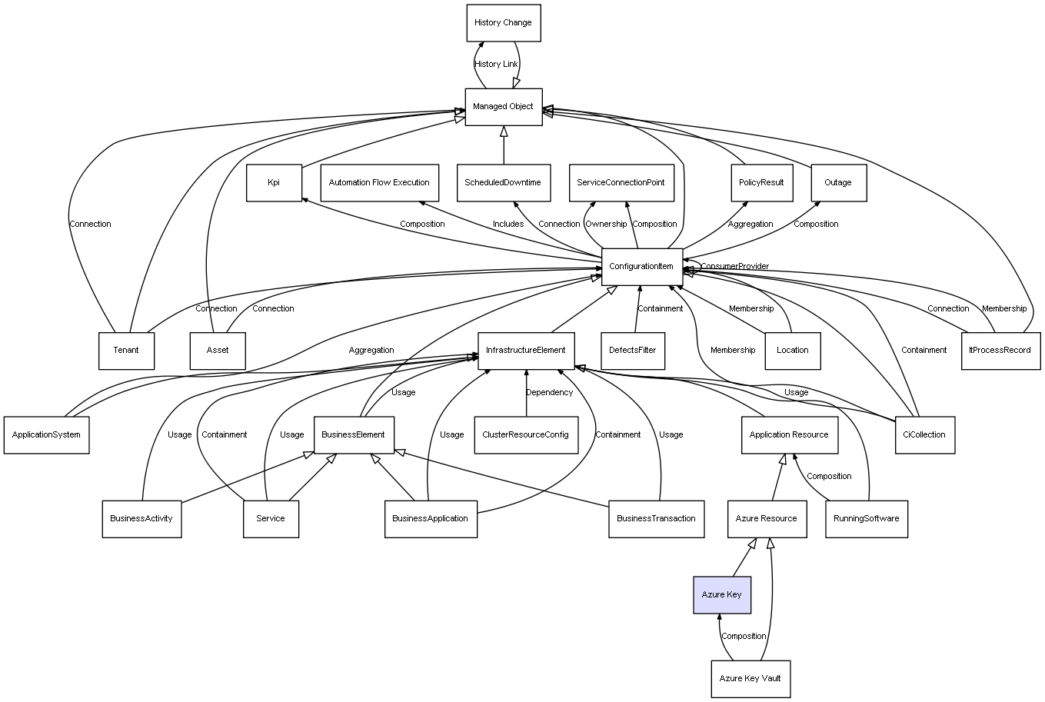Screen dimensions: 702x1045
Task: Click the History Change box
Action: pyautogui.click(x=503, y=23)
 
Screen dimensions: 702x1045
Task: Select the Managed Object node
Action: pyautogui.click(x=503, y=107)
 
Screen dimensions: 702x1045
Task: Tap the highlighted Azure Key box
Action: pyautogui.click(x=721, y=595)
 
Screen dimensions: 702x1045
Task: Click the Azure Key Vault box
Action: pyautogui.click(x=750, y=679)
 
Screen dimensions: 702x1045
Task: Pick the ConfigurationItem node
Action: pyautogui.click(x=641, y=267)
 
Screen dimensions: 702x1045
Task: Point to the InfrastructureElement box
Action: pyautogui.click(x=525, y=351)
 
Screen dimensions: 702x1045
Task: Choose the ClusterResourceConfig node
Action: pyautogui.click(x=525, y=434)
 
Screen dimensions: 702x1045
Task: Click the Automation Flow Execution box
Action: pyautogui.click(x=379, y=183)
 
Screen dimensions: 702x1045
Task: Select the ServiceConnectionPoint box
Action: pyautogui.click(x=621, y=183)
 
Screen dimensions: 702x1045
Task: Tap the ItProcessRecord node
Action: pyautogui.click(x=1000, y=351)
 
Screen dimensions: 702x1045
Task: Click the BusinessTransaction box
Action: pyautogui.click(x=656, y=518)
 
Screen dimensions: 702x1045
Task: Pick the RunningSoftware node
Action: pyautogui.click(x=866, y=518)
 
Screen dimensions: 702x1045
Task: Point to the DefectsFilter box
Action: pyautogui.click(x=632, y=351)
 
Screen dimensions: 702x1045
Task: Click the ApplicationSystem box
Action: pyautogui.click(x=46, y=434)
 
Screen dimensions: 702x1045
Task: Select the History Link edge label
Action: pyautogui.click(x=496, y=65)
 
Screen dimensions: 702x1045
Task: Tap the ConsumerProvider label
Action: pyautogui.click(x=734, y=267)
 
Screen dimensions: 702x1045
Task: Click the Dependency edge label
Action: pyautogui.click(x=549, y=393)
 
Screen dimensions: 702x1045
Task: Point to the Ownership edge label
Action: pyautogui.click(x=606, y=225)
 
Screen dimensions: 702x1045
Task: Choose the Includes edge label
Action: pyautogui.click(x=508, y=225)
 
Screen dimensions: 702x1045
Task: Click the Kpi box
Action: pyautogui.click(x=274, y=183)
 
